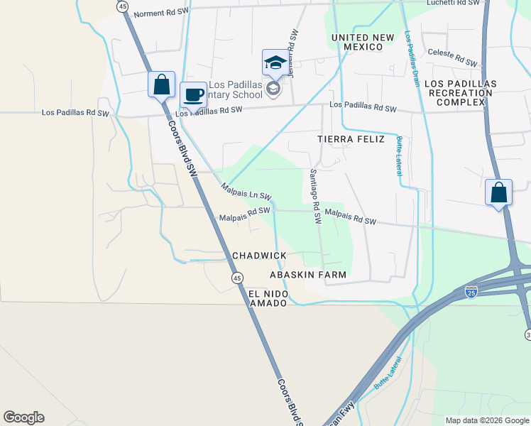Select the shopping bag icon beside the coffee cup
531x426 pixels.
161,84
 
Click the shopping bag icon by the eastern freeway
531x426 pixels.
498,192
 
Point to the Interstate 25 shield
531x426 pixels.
471,290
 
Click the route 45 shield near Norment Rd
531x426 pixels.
123,6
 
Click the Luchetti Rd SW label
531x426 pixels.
454,3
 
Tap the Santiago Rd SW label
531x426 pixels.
315,197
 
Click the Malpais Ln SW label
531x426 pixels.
246,192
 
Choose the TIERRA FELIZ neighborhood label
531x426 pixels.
351,139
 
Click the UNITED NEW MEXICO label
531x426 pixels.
356,42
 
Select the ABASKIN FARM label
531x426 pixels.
308,274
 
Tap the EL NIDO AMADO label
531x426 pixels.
267,298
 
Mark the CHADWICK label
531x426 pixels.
259,256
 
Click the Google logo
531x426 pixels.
23,417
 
